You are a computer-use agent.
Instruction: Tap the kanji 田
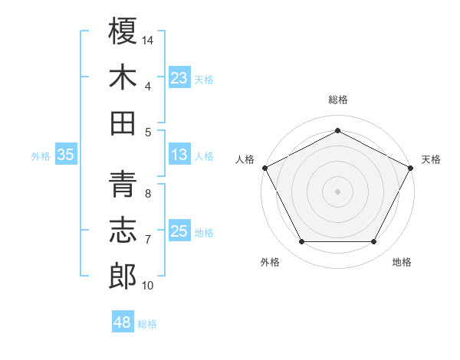pos(123,123)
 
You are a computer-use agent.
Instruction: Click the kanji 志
pos(123,231)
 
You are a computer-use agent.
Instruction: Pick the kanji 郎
pos(123,277)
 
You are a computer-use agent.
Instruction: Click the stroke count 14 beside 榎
pos(148,39)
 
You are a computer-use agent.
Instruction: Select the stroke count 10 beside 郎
pos(148,286)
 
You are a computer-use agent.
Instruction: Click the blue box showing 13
pos(179,154)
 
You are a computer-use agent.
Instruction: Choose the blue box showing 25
pos(179,231)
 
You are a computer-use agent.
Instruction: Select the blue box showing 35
pos(66,155)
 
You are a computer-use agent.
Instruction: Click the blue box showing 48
pos(122,322)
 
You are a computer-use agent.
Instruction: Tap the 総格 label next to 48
pos(147,324)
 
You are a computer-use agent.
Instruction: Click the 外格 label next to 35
pos(41,156)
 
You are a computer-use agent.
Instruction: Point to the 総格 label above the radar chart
pos(337,100)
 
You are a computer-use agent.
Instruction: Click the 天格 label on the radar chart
pos(431,159)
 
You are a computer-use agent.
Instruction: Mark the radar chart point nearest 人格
pos(264,167)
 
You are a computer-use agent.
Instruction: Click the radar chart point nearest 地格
pos(374,242)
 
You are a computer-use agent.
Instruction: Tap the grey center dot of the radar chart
pos(337,191)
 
